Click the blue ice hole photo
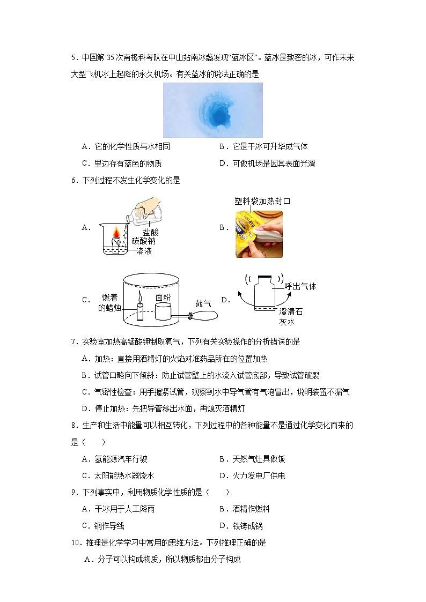(212, 110)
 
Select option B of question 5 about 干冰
(263, 146)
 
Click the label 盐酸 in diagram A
(151, 232)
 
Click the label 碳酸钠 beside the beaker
(144, 241)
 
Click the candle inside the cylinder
(140, 309)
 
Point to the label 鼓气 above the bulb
(203, 303)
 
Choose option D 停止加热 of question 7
(164, 408)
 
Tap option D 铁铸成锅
(241, 526)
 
